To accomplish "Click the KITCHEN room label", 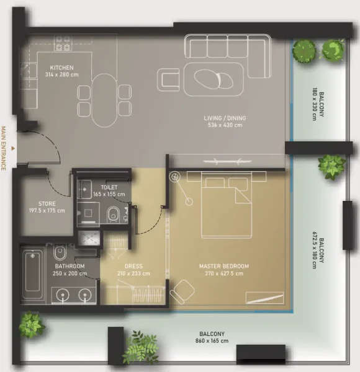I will point(63,68).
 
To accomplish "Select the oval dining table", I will point(104,99).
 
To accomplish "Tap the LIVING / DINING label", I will point(225,118).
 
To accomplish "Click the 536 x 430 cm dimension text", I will point(225,125).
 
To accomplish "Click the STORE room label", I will point(47,203).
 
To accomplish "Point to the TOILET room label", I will point(109,187).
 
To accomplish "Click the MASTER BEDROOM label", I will point(224,266).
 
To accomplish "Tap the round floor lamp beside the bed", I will point(176,177).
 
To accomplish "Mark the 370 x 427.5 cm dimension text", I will point(224,273).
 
